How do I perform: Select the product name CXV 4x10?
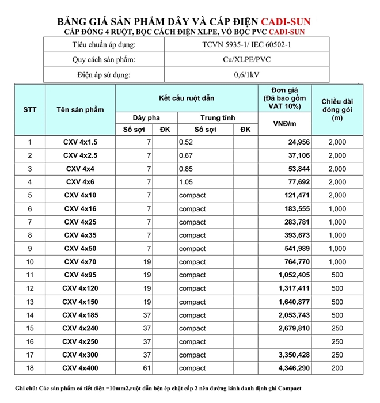click(x=81, y=195)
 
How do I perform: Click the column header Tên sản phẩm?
click(x=81, y=109)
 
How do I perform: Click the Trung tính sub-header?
click(x=217, y=117)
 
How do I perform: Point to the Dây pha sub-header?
click(x=146, y=117)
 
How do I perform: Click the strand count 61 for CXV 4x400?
click(x=147, y=368)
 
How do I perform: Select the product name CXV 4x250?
click(x=81, y=342)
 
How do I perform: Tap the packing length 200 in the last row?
click(x=337, y=368)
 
